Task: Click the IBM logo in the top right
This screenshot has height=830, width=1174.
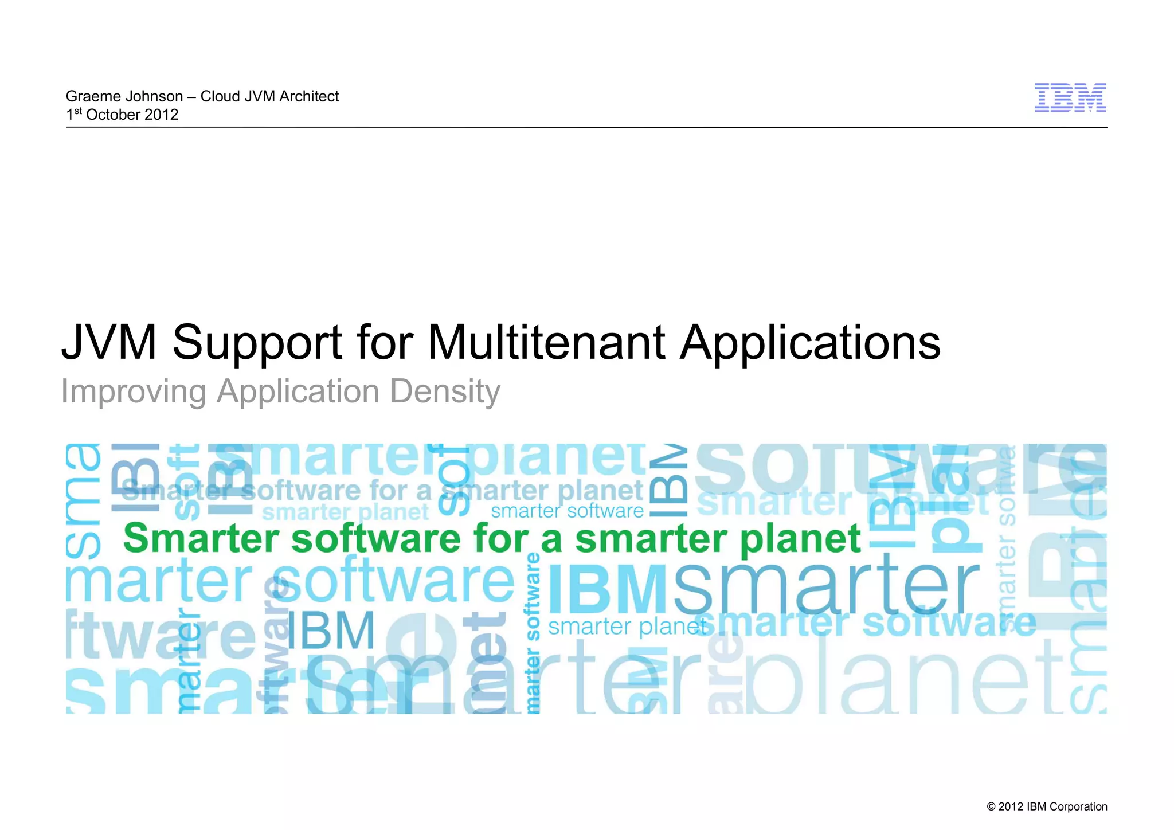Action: [x=1070, y=97]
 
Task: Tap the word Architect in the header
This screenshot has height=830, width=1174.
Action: [x=309, y=96]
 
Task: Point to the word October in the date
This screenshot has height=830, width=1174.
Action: [x=113, y=115]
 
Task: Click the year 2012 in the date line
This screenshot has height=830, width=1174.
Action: [x=162, y=115]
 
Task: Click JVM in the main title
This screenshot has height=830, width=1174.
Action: [x=109, y=342]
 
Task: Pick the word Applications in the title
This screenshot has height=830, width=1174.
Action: [x=810, y=343]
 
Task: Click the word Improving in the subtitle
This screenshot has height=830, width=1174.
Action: [x=134, y=393]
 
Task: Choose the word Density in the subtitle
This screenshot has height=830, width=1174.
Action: [x=445, y=393]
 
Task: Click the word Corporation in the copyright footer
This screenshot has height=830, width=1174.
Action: [x=1078, y=806]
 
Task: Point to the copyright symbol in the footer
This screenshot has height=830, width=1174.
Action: [x=991, y=807]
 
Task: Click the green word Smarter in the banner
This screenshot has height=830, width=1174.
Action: [x=201, y=538]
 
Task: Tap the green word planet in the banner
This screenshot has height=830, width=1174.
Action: [x=800, y=539]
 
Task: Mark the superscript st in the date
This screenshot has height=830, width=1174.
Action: [x=78, y=110]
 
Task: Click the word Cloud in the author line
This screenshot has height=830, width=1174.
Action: [x=220, y=96]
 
